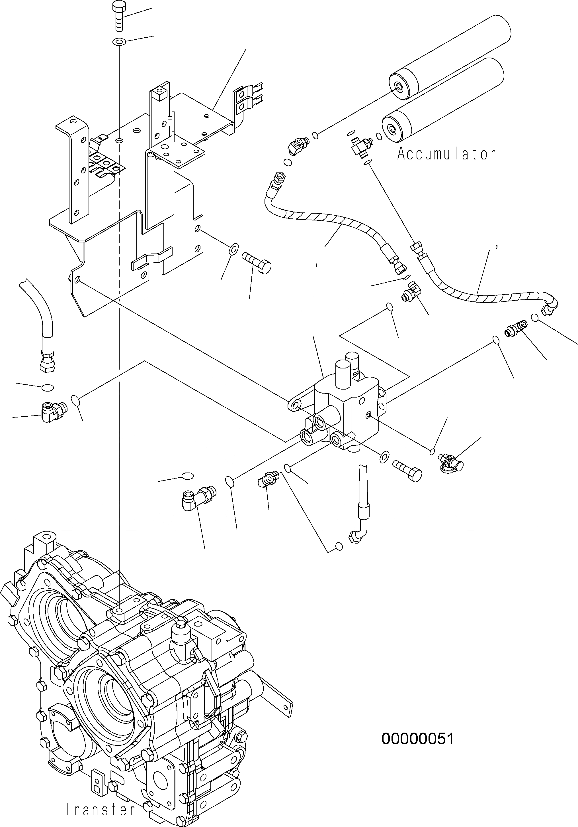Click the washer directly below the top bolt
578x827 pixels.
[x=119, y=42]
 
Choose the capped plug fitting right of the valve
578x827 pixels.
[x=450, y=462]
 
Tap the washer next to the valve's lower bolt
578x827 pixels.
[x=384, y=457]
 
